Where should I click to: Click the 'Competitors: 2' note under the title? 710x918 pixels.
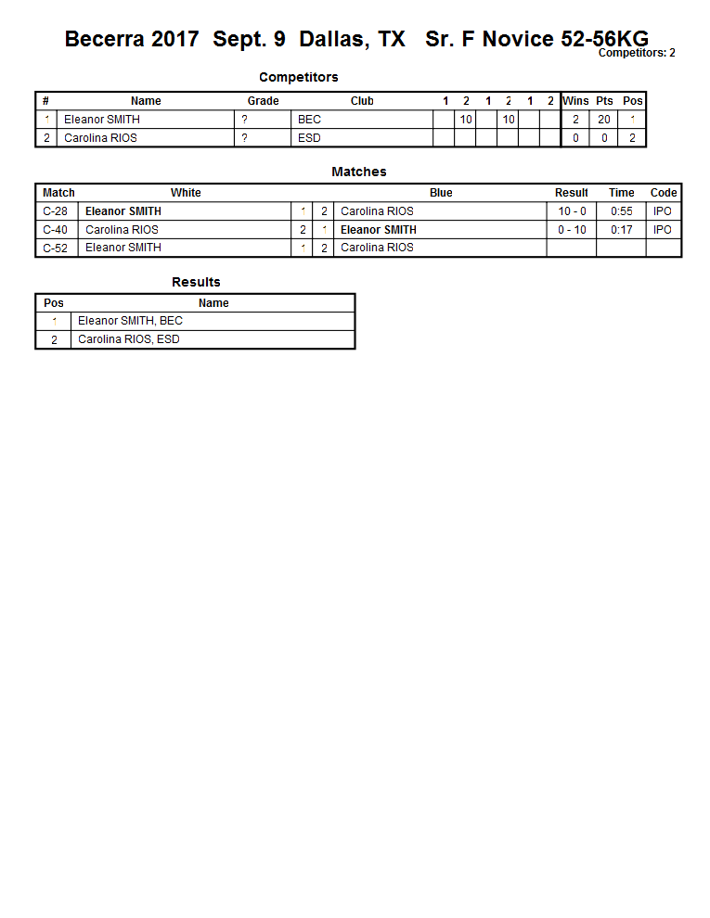point(637,54)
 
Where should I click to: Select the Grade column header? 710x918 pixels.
point(263,101)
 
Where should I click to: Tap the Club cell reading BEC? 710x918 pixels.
point(309,120)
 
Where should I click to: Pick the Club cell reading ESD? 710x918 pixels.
point(309,138)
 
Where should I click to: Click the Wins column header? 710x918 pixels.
point(575,101)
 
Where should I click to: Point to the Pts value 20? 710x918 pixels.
point(604,120)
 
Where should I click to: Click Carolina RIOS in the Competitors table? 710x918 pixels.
point(100,138)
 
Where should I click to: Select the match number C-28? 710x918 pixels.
point(56,211)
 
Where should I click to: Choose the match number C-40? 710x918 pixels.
point(56,230)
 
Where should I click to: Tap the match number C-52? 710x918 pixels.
point(56,249)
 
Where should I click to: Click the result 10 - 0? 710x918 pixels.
point(572,211)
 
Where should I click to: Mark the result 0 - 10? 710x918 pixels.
point(572,230)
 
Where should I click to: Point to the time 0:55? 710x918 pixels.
point(622,211)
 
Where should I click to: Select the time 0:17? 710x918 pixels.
point(622,230)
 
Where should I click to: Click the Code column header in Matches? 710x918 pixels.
point(664,193)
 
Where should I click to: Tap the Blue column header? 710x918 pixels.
point(441,193)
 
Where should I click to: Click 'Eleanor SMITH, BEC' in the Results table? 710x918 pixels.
point(130,321)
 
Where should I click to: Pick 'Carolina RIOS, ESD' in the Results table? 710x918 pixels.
point(129,339)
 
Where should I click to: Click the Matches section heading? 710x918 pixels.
point(359,172)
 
